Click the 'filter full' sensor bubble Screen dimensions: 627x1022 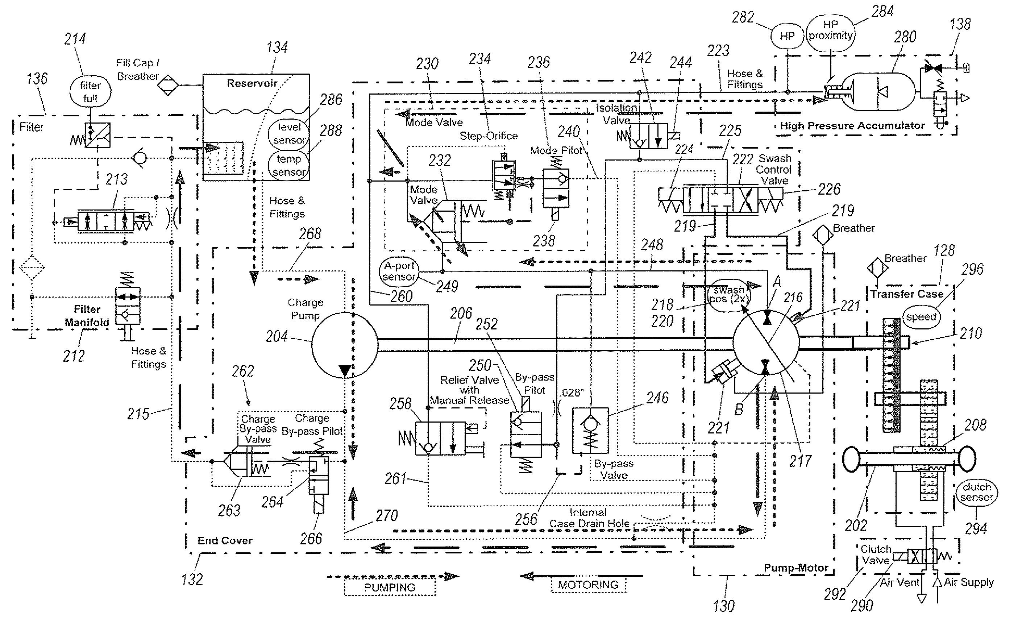90,92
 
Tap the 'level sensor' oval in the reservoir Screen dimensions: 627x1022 289,133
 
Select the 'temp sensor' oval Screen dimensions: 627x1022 289,165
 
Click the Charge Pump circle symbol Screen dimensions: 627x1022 344,345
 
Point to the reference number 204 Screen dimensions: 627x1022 277,336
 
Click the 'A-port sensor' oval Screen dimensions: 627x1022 399,271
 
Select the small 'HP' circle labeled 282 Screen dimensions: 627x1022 787,36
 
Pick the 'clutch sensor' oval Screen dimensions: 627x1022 976,492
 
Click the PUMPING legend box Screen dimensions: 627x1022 390,587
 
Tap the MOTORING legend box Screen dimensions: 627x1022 588,585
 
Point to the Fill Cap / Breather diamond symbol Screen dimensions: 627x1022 167,86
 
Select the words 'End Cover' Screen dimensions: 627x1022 225,540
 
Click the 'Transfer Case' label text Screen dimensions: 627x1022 907,294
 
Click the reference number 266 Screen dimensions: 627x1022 311,539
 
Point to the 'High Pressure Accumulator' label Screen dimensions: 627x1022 852,126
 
